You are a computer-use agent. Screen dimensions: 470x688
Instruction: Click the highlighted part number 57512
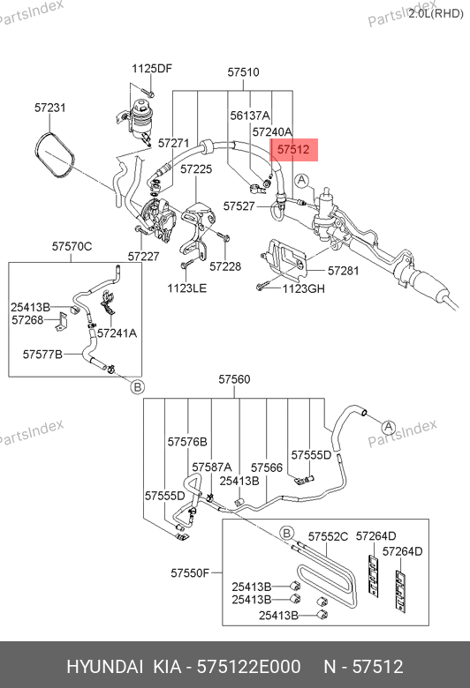point(293,150)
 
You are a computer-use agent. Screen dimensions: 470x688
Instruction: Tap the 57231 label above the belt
point(50,108)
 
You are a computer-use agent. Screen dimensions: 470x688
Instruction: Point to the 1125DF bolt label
point(152,69)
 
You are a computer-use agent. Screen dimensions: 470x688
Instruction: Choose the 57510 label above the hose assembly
point(243,72)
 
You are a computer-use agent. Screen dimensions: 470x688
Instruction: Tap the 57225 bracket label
point(196,169)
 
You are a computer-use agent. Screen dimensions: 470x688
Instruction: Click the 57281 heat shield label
point(344,271)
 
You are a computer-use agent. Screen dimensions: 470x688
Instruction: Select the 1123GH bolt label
point(303,288)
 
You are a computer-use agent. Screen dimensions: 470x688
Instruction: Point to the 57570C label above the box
point(72,246)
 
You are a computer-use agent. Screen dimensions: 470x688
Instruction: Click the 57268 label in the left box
point(27,320)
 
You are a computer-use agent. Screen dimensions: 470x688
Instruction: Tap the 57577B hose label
point(42,354)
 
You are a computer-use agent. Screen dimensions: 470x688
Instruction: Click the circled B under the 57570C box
point(138,387)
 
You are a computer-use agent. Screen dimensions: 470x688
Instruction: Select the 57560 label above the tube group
point(234,379)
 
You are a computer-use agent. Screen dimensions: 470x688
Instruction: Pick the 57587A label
point(212,467)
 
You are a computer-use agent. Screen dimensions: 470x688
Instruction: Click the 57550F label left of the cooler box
point(190,572)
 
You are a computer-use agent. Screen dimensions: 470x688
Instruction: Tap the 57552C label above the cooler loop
point(328,536)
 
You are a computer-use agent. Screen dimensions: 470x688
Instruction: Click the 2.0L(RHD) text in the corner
point(436,13)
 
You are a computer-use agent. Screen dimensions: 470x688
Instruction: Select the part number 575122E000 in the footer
point(249,667)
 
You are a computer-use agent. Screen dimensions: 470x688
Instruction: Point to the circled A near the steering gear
point(301,180)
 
